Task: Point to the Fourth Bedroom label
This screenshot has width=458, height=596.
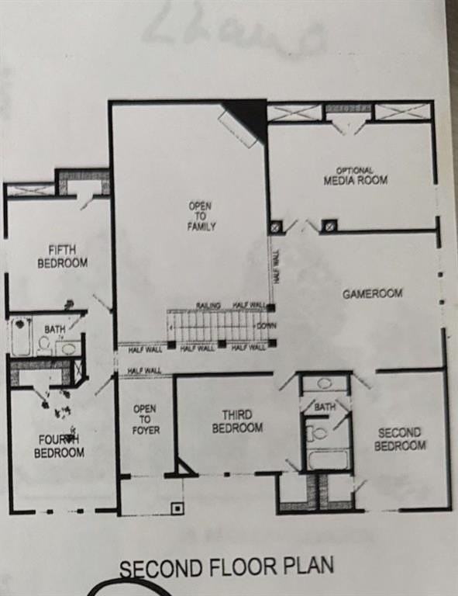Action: [x=59, y=446]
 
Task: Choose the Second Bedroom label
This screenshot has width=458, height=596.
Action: [x=400, y=439]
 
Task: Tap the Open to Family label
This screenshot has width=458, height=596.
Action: [x=201, y=216]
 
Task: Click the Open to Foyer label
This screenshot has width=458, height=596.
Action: [x=144, y=419]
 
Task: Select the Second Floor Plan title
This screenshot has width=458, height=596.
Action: [x=226, y=567]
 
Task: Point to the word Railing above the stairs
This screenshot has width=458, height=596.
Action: [x=208, y=305]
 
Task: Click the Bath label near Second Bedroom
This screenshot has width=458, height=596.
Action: [x=324, y=407]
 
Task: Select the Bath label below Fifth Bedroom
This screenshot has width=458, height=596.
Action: [x=54, y=330]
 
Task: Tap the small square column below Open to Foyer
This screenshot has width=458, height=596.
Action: [x=177, y=508]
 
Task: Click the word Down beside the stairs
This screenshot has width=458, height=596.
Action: [x=266, y=325]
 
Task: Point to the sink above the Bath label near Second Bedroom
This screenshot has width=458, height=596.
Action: [x=325, y=383]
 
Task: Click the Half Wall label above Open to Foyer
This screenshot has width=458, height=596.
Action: [x=144, y=371]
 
